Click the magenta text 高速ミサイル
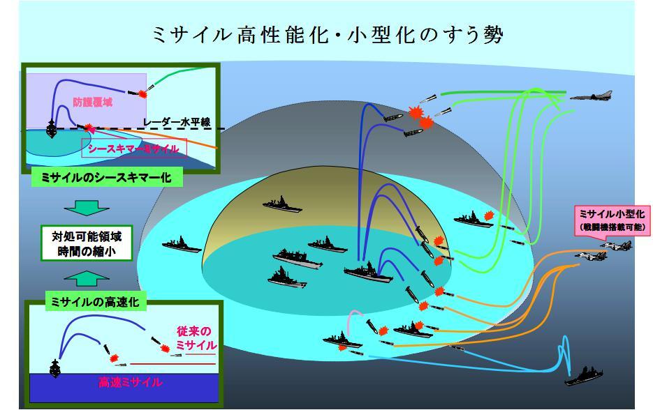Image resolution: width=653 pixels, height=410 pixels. (132, 382)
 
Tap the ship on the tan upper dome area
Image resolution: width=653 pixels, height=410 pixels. (281, 204)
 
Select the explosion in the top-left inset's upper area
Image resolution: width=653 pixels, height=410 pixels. (145, 92)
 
